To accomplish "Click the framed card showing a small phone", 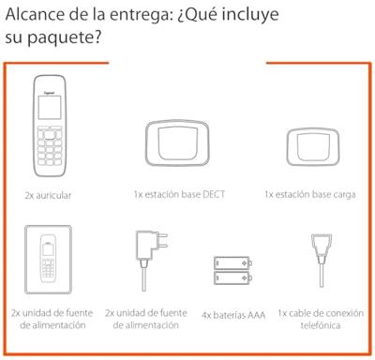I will coord(49,258).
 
